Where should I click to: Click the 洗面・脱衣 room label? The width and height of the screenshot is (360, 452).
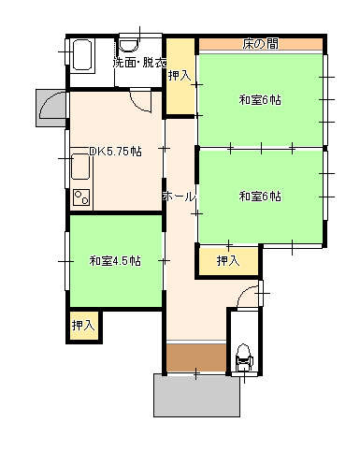point(139,64)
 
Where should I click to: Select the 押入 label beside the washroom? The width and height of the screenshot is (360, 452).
point(180,75)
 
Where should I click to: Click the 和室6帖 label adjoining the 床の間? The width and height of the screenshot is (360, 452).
point(260,100)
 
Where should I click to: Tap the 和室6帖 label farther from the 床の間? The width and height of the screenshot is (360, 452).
point(260,196)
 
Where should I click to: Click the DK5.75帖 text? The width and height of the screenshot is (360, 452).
point(115,151)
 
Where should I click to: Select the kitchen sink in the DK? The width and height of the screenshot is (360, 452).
point(80,169)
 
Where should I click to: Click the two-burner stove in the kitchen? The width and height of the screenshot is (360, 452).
point(80,197)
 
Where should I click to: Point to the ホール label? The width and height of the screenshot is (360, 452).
point(179,197)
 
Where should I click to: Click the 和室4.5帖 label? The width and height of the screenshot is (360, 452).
point(115,260)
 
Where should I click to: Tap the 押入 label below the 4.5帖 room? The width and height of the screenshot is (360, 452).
point(84,326)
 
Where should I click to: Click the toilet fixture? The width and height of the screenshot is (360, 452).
point(244,357)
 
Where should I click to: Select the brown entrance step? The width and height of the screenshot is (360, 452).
point(196,357)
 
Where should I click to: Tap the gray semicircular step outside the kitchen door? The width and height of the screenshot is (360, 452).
point(50,109)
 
